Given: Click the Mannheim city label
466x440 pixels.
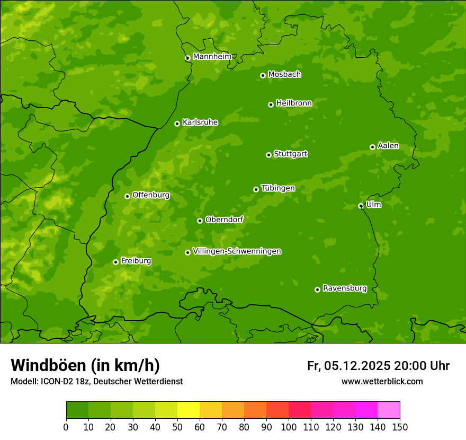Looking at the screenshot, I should [x=212, y=57].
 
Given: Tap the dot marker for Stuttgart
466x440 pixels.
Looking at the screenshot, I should [x=268, y=155].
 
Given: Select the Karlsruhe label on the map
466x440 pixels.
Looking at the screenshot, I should [x=200, y=122].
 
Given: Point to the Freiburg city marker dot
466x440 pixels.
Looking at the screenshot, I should [x=115, y=262].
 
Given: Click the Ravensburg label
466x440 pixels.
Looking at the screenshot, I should [x=345, y=288].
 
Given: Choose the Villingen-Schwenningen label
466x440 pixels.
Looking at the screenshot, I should [x=237, y=251].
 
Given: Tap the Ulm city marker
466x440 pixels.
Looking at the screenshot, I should [x=361, y=206].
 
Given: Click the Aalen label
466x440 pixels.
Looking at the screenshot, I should [x=388, y=146].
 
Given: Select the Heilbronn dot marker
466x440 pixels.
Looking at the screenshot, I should [x=271, y=104].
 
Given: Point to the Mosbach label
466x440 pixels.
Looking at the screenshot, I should [x=284, y=75].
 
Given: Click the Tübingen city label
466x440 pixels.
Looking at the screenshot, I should [x=278, y=188].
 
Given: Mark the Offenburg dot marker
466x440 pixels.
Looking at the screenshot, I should [x=127, y=196].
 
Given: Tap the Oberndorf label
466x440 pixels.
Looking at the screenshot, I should [x=224, y=219].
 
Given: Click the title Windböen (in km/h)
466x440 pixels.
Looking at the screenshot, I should [x=85, y=365].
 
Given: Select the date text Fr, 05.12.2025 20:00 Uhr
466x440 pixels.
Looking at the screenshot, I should [x=378, y=366].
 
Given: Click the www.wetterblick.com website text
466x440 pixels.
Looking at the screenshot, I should [x=382, y=381].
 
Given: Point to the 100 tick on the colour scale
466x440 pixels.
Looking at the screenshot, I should [x=289, y=426].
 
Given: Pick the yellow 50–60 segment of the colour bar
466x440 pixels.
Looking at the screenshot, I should [x=189, y=410].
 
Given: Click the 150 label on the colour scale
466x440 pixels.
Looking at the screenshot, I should [x=400, y=426].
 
